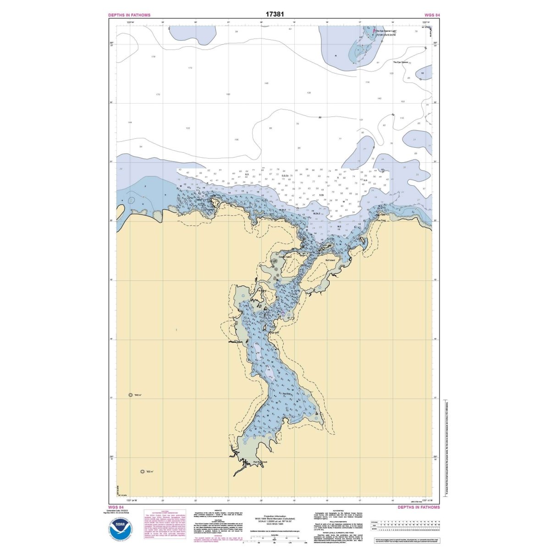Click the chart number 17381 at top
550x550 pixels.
coord(275,14)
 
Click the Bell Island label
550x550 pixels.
coord(330,260)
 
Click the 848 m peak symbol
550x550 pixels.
coord(131,395)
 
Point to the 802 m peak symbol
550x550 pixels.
coord(142,472)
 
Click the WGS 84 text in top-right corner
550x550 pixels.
coord(432,15)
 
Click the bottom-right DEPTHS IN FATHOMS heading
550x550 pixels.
coord(418,507)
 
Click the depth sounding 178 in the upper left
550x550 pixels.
coord(153,56)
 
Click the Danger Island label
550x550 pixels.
coord(285,257)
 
